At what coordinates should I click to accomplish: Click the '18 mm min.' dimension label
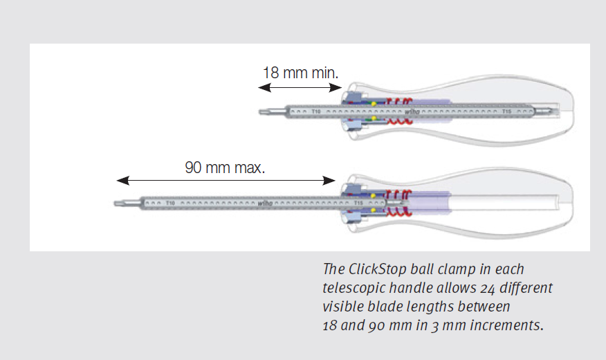pos(300,72)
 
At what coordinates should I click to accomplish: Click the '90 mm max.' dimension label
pos(225,167)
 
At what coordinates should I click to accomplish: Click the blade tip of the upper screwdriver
pos(263,111)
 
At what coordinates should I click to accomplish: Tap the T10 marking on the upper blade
pos(315,111)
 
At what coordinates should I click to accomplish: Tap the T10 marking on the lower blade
pos(169,204)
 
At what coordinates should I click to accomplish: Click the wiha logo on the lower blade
pos(265,204)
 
